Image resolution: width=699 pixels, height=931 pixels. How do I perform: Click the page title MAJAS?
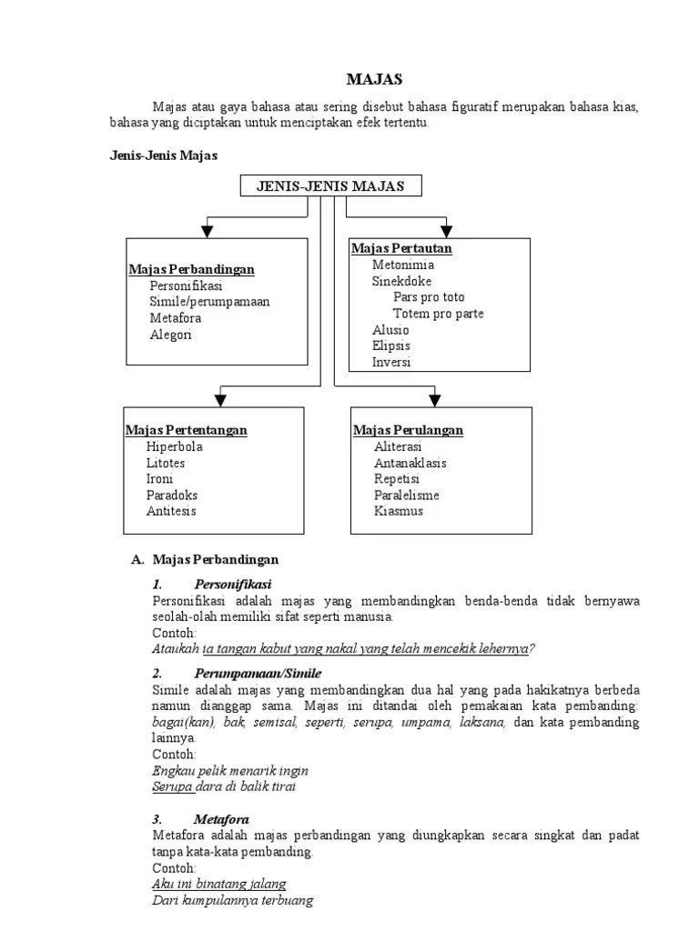pos(374,79)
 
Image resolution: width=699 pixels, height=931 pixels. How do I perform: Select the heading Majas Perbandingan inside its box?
pos(191,270)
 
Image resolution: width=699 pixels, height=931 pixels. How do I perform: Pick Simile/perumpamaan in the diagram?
pos(209,302)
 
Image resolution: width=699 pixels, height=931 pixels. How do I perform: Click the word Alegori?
pos(171,335)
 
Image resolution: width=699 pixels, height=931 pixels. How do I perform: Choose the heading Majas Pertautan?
pos(401,248)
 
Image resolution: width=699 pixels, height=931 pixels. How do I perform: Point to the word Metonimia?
pos(403,265)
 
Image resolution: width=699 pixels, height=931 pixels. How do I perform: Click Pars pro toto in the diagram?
pos(429,297)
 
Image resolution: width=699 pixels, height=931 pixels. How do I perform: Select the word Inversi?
pos(391,362)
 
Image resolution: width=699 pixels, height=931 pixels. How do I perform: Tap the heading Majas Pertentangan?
pos(186,430)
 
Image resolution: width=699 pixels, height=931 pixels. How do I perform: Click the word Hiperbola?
pos(175,446)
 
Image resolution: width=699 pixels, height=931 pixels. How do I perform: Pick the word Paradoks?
pos(172,496)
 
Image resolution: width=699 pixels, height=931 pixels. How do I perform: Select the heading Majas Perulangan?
pos(408,430)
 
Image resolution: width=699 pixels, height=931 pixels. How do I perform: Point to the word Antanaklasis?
pos(410,463)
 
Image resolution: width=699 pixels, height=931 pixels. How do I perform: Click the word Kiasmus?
pos(399,511)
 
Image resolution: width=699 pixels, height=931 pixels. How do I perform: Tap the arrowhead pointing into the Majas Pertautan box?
pos(446,231)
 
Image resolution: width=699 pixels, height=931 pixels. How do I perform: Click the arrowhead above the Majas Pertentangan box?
pos(219,398)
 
